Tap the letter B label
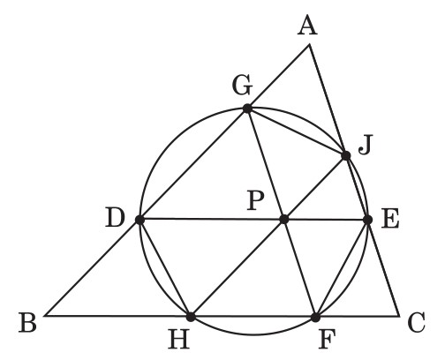click(27, 323)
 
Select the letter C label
click(417, 323)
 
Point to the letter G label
click(242, 86)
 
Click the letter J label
click(366, 145)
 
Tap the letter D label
click(116, 218)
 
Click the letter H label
click(179, 339)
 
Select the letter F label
click(327, 339)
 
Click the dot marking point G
click(247, 109)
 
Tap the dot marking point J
click(346, 155)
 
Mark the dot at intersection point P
click(284, 219)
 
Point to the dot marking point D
click(140, 220)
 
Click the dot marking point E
click(367, 220)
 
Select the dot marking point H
click(191, 317)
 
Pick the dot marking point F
click(315, 318)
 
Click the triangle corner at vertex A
click(309, 45)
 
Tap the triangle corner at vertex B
click(45, 316)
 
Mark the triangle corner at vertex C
click(399, 317)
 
